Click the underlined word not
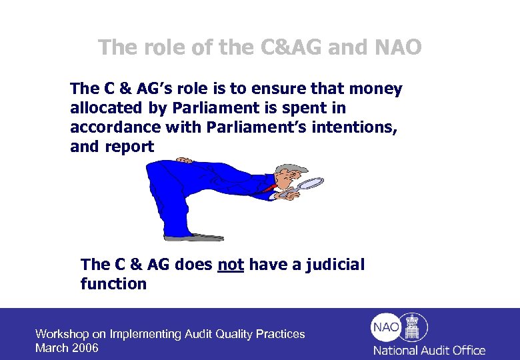[x=231, y=265]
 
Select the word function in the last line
[x=113, y=284]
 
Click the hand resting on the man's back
[x=185, y=159]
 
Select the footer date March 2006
[x=67, y=348]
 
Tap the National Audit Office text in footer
[x=429, y=350]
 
